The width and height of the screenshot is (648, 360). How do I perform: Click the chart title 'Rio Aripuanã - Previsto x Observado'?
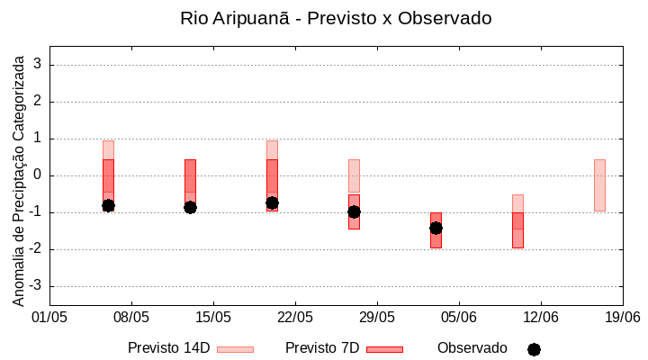(336, 18)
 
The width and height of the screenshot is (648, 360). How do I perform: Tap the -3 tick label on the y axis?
(35, 286)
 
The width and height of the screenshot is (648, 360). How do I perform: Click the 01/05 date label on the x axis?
(49, 317)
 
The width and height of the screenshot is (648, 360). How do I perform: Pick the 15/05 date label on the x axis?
(213, 317)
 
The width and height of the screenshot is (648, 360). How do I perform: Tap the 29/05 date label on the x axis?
(377, 317)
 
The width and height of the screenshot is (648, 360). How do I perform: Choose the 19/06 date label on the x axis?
(622, 317)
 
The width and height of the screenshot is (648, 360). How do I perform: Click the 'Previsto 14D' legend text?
(168, 348)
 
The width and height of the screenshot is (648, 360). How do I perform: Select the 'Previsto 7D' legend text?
(322, 348)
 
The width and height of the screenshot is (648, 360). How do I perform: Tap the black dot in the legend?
(534, 349)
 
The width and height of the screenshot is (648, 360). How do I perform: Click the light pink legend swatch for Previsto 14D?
(235, 349)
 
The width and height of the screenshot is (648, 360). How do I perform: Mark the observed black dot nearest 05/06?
(436, 228)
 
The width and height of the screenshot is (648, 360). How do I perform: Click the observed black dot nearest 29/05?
(354, 211)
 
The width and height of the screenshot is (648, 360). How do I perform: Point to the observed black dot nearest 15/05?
(190, 207)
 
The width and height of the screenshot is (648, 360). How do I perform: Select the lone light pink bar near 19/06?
(599, 184)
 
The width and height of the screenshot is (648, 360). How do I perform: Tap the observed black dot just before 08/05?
(108, 205)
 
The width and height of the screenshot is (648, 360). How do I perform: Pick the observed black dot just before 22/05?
(272, 202)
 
